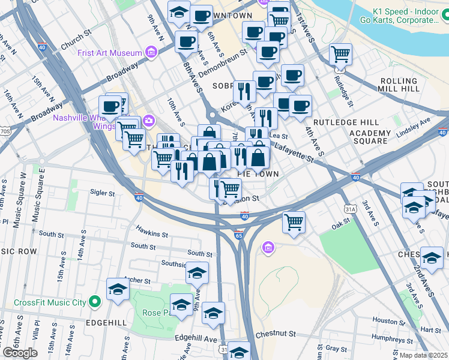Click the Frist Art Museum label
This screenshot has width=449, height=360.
(x=109, y=53)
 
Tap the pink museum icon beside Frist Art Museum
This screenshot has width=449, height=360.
(x=151, y=53)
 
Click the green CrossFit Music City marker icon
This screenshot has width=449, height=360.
(x=94, y=302)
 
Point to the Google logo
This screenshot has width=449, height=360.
(x=20, y=353)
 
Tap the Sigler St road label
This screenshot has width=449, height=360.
(x=102, y=193)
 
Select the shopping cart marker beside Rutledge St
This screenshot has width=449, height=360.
(x=340, y=55)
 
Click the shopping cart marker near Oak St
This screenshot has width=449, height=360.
(x=294, y=222)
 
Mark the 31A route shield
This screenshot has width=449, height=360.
(x=351, y=209)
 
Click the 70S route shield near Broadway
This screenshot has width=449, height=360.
(x=5, y=131)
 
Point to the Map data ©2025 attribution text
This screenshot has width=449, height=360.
(x=423, y=355)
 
